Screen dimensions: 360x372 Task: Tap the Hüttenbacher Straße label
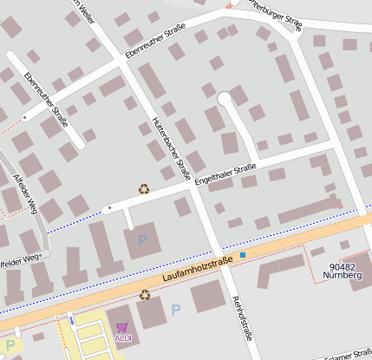coord(171,147)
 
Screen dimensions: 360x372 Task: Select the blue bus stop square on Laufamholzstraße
coord(244,255)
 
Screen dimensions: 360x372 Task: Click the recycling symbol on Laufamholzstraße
coord(146,295)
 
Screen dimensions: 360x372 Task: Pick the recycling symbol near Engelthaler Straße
coord(143,188)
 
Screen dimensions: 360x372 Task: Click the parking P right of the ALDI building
coord(176,310)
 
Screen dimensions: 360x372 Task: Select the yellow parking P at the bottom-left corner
coord(11,346)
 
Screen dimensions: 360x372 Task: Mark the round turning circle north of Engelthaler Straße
coord(225,98)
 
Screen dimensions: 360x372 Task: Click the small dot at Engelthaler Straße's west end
coord(108,209)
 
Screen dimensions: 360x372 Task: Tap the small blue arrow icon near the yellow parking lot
coord(72,320)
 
